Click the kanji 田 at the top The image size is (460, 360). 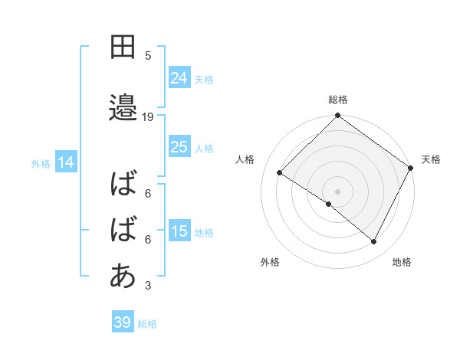point(123,47)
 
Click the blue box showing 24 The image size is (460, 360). point(179,77)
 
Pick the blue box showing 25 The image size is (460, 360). point(179,146)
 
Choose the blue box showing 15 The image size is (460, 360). point(179,231)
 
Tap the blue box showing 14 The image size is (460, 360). point(66,162)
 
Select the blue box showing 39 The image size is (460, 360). point(122,322)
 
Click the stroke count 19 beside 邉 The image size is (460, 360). point(148,117)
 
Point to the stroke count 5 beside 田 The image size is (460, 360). point(148,55)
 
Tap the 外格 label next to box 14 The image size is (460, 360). point(41,163)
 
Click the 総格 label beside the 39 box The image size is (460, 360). point(147,324)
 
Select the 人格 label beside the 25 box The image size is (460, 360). point(204,148)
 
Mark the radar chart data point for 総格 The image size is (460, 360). point(337,116)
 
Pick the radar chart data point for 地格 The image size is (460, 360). point(374,242)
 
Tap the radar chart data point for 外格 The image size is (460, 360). point(329,204)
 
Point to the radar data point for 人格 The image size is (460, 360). point(280,173)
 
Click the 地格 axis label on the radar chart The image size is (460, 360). point(402,263)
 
